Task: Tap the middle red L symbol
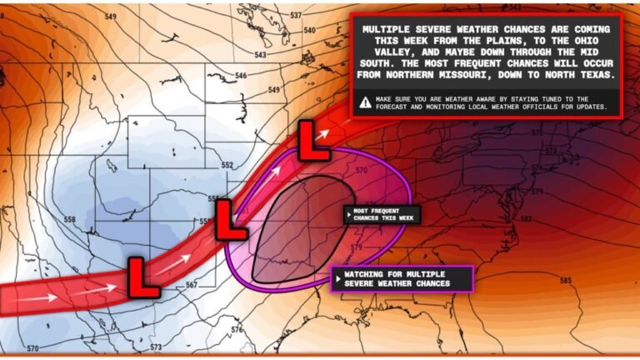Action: click(x=230, y=217)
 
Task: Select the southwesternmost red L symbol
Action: click(x=142, y=276)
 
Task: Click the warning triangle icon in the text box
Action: click(x=365, y=102)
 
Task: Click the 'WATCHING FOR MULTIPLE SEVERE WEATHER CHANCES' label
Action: click(x=402, y=278)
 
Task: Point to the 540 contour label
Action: click(x=310, y=31)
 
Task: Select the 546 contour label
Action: click(x=241, y=76)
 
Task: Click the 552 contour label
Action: click(x=227, y=165)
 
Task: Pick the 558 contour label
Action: click(x=69, y=220)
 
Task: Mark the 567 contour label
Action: click(x=192, y=285)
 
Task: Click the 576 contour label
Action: click(x=237, y=330)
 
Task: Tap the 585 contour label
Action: click(x=566, y=280)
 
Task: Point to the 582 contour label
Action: click(x=526, y=218)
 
